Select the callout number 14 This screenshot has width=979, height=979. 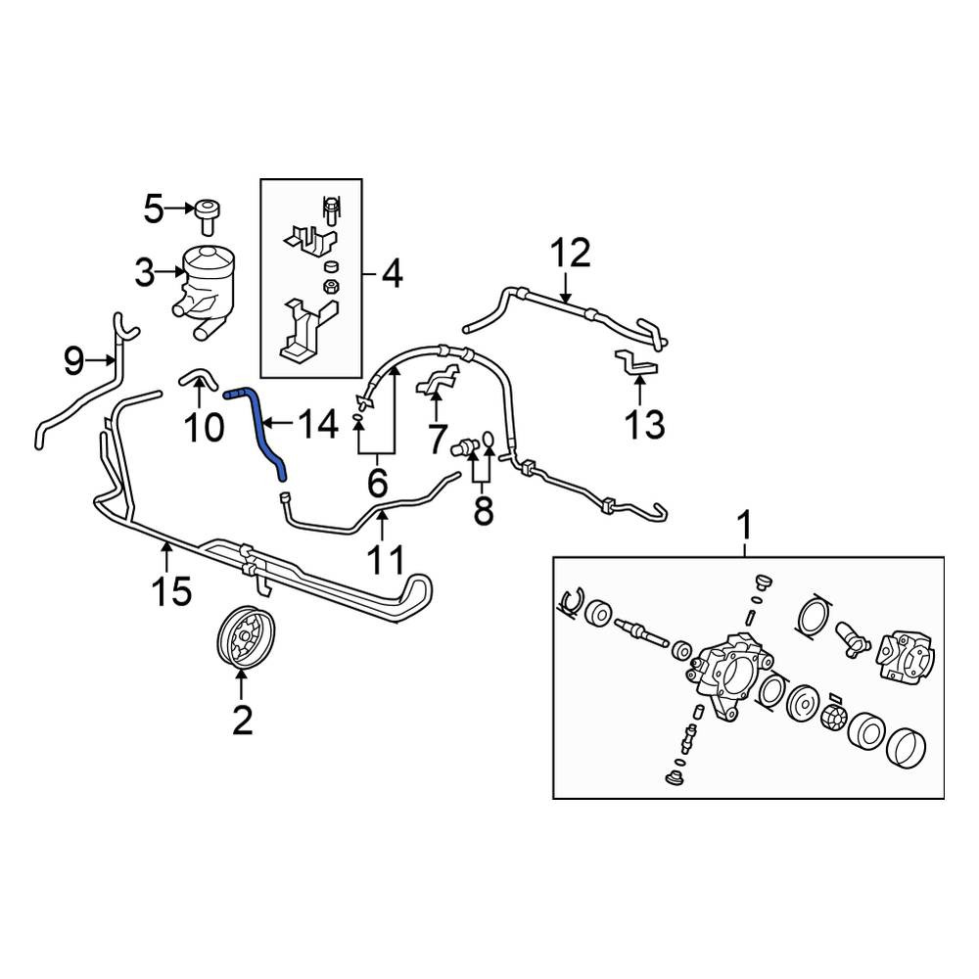(x=318, y=424)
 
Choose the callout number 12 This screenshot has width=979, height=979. (x=570, y=253)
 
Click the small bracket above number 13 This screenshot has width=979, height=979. (x=635, y=363)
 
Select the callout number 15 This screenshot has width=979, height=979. (x=172, y=590)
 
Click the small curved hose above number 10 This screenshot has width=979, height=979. (x=198, y=377)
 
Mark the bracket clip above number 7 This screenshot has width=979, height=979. (x=437, y=382)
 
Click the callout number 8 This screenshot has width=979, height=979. (x=484, y=511)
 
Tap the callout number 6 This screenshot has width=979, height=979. (x=377, y=483)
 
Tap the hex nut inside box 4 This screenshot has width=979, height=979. (x=330, y=287)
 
